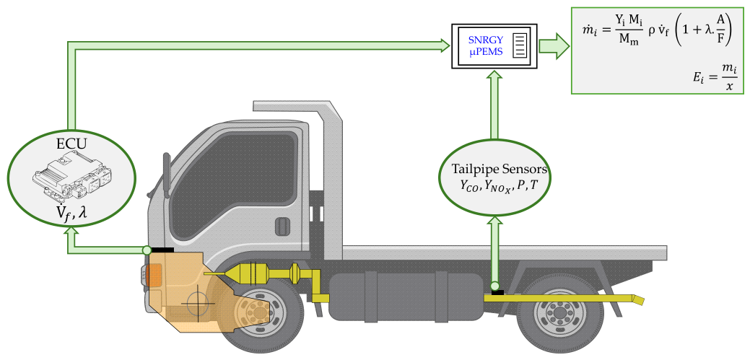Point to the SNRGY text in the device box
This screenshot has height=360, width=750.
pos(485,42)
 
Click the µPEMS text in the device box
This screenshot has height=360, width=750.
pos(486,53)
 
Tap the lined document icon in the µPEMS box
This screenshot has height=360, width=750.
pos(520,46)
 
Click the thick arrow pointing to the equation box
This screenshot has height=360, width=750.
pos(554,46)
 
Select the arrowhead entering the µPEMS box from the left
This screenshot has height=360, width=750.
pos(444,46)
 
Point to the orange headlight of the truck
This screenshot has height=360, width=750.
pos(155,276)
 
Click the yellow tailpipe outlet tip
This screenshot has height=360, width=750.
pos(639,300)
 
